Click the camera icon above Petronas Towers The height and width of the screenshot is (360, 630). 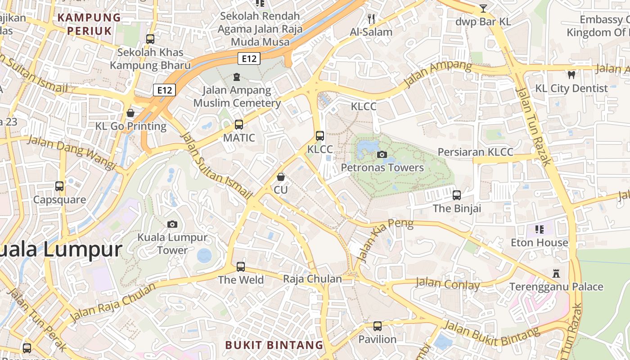pyautogui.click(x=382, y=155)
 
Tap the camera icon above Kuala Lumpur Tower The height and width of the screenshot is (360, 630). pyautogui.click(x=172, y=224)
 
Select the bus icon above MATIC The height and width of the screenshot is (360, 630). pyautogui.click(x=239, y=125)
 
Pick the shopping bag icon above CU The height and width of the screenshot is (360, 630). pyautogui.click(x=281, y=177)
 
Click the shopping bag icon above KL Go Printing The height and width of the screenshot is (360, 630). pyautogui.click(x=130, y=113)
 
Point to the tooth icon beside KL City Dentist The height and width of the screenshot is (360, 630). pyautogui.click(x=571, y=75)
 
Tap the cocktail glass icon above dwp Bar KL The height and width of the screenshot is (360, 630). pyautogui.click(x=483, y=8)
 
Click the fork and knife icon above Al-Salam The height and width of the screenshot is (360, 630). pyautogui.click(x=371, y=19)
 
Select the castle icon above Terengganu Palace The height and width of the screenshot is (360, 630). pyautogui.click(x=556, y=273)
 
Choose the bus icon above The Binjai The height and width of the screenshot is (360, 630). pyautogui.click(x=457, y=195)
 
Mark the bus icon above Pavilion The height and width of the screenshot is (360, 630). pyautogui.click(x=377, y=326)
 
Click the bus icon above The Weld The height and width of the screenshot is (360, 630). pyautogui.click(x=241, y=267)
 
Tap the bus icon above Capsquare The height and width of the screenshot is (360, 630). pyautogui.click(x=59, y=186)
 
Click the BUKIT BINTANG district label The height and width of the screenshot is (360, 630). pyautogui.click(x=274, y=345)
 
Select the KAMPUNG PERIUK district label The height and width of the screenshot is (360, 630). pyautogui.click(x=90, y=24)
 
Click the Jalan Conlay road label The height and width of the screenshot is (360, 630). pyautogui.click(x=447, y=284)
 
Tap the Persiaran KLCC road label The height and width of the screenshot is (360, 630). pyautogui.click(x=475, y=152)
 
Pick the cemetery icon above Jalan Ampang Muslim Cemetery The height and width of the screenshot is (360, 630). pyautogui.click(x=237, y=77)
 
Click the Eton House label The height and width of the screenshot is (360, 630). pyautogui.click(x=539, y=243)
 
